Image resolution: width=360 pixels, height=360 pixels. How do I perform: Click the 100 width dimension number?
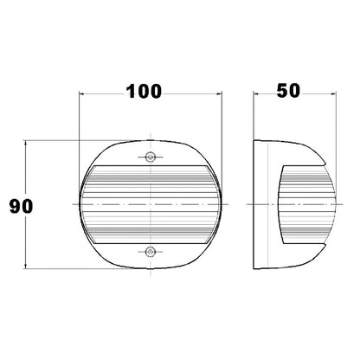(x=144, y=92)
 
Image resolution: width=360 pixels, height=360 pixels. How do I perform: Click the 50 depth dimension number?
(x=288, y=90)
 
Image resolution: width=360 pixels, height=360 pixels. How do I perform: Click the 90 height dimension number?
(x=21, y=207)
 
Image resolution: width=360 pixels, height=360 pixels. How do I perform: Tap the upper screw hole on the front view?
(x=150, y=157)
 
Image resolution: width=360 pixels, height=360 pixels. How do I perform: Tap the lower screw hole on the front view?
(x=150, y=252)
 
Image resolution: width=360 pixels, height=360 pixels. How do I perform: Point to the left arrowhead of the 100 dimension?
(x=81, y=93)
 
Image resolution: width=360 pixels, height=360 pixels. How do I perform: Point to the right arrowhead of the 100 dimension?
(x=220, y=93)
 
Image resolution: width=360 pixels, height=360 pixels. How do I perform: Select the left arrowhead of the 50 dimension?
(x=256, y=93)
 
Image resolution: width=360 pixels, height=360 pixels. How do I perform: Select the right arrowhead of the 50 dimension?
(x=333, y=93)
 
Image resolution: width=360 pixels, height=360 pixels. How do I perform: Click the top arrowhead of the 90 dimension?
(x=26, y=144)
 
